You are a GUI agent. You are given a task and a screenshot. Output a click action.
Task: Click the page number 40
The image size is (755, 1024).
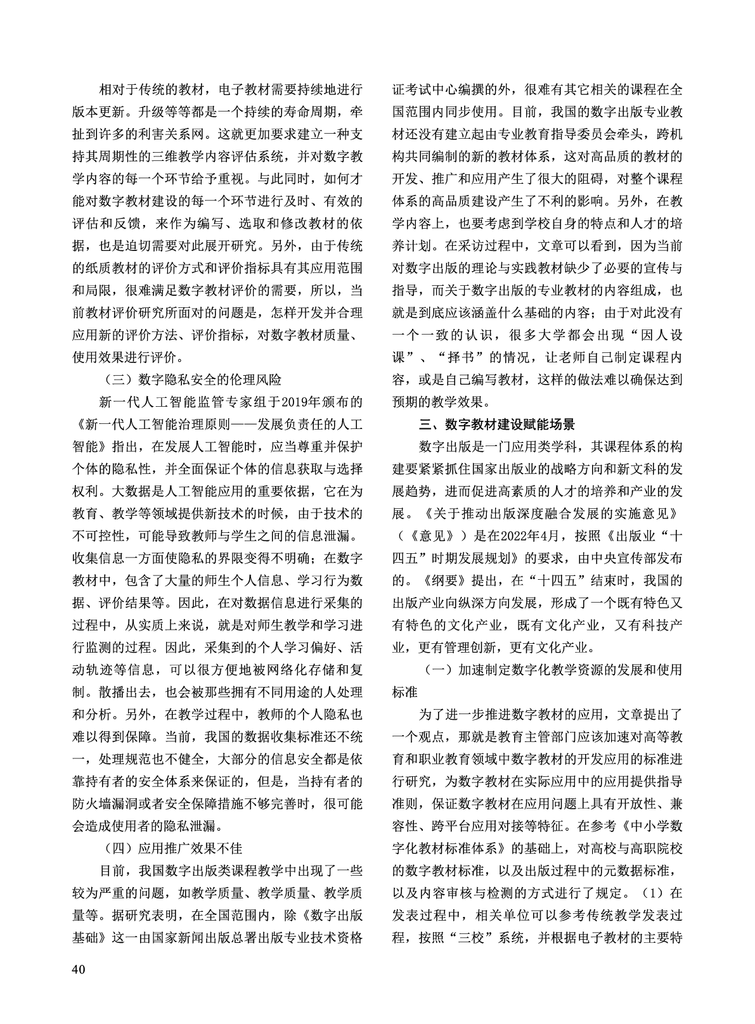(79, 969)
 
